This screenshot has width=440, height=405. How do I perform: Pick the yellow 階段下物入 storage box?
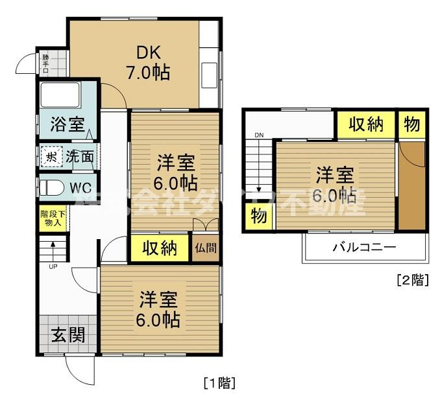coord(52,218)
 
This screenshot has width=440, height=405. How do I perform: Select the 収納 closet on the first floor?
coord(160,249)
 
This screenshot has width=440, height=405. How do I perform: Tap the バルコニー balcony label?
coord(365,248)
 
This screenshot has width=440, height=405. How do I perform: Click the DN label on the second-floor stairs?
coord(259,135)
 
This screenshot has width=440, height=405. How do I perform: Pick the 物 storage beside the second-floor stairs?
coord(259,216)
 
